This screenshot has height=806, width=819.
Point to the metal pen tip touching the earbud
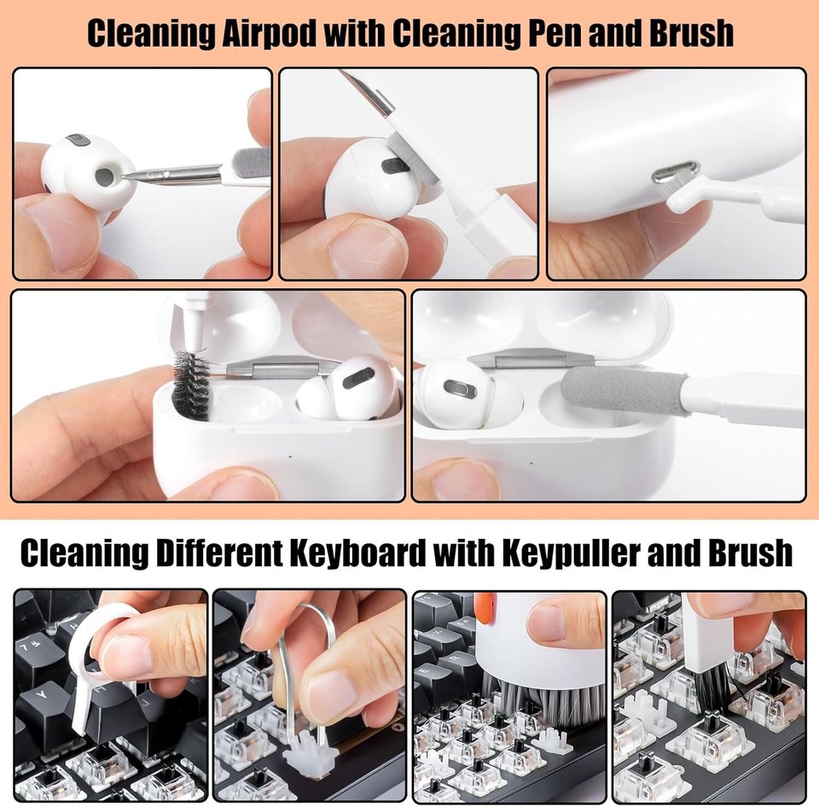coord(136,176)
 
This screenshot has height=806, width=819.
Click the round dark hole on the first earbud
coord(103,177)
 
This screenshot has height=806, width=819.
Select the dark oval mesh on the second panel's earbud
coord(393,165)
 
